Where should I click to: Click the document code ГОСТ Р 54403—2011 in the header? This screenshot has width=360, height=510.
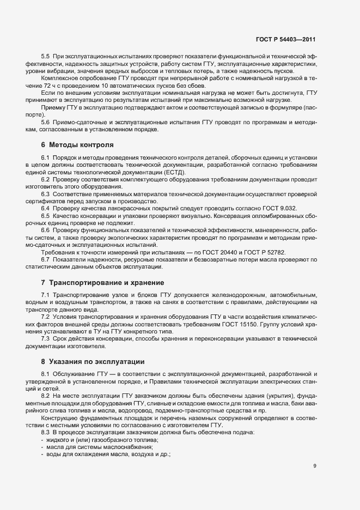click(286, 40)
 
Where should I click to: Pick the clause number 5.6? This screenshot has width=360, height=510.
click(46, 123)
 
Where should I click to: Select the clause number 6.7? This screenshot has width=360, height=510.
click(46, 259)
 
